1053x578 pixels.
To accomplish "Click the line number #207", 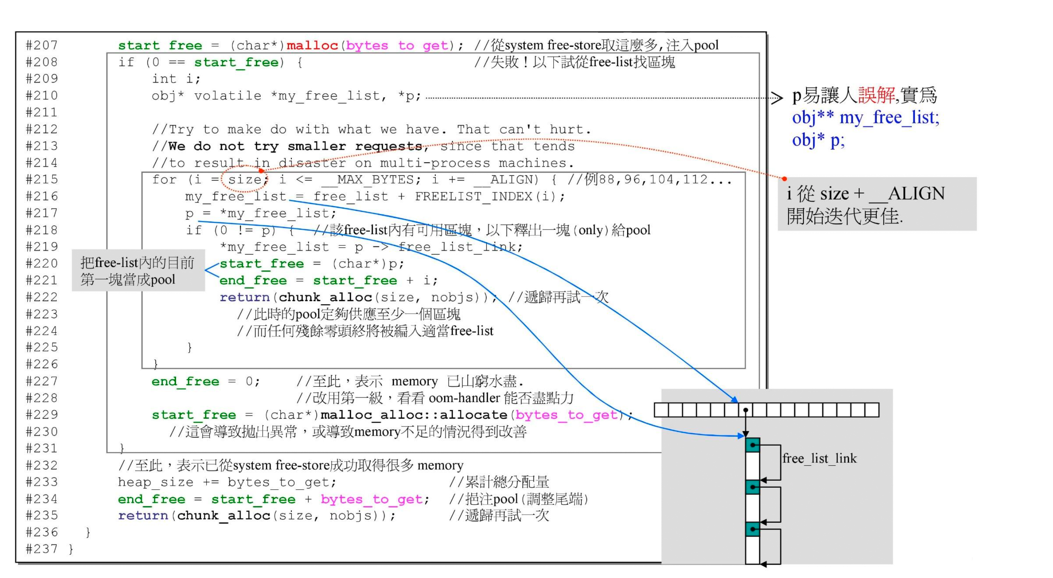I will click(x=42, y=45).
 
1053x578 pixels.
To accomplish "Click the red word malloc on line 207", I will click(x=312, y=45).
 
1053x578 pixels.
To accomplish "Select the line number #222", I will click(x=42, y=297).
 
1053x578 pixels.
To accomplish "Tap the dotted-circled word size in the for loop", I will click(x=245, y=179).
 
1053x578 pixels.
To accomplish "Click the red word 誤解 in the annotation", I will click(x=876, y=95).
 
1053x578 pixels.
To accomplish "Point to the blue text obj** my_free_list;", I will click(x=865, y=118).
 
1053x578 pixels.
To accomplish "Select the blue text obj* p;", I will click(x=818, y=140).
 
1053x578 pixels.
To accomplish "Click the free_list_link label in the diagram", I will click(x=819, y=459).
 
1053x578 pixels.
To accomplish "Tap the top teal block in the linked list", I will click(x=752, y=445).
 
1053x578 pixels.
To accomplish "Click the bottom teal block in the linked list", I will click(x=752, y=530).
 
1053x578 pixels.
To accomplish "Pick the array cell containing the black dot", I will click(x=746, y=410).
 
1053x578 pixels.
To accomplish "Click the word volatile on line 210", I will click(x=228, y=96).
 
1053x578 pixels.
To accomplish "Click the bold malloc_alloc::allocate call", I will click(x=414, y=415).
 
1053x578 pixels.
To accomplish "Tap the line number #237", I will click(x=42, y=549).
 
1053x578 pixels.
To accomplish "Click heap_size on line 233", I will click(x=155, y=482).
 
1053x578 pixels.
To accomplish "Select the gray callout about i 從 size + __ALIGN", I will click(x=876, y=204).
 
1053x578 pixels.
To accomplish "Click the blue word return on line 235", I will click(x=143, y=516).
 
